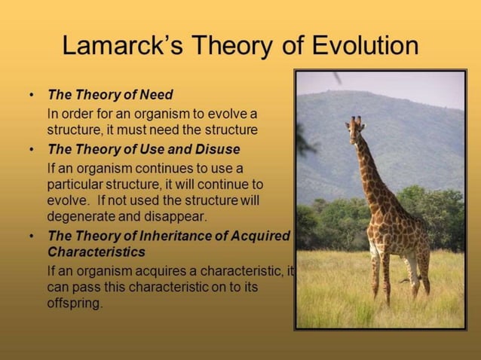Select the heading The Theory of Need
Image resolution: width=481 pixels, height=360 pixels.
pos(110,96)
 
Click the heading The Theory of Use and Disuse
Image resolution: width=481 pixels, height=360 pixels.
pos(143,149)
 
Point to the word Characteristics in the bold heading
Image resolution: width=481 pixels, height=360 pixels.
pos(97,252)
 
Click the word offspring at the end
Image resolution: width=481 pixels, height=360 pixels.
pos(75,304)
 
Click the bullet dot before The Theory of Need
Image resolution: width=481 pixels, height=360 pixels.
pos(32,96)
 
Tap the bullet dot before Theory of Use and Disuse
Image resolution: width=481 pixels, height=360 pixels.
pos(32,149)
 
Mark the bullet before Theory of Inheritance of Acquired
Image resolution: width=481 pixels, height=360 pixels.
pos(32,236)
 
